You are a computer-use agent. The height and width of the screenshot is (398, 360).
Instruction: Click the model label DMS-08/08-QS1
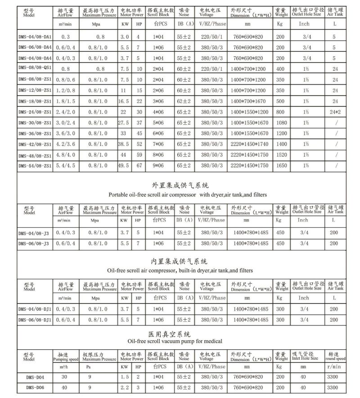(35, 69)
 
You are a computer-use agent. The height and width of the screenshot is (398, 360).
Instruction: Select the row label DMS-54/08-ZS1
(35, 165)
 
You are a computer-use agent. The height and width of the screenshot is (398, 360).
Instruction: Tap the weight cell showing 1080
(282, 122)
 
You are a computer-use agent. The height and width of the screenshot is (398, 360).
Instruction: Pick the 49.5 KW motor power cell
(124, 165)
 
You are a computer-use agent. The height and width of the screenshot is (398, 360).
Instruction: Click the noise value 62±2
(184, 101)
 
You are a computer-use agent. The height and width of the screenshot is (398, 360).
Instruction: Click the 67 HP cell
(139, 165)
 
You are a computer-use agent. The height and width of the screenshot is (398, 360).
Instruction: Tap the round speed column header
(336, 356)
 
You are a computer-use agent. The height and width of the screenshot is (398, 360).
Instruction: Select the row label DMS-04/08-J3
(35, 232)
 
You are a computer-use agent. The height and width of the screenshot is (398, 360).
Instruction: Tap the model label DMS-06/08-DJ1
(35, 320)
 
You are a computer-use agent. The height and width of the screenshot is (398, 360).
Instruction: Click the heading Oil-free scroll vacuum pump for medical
(180, 341)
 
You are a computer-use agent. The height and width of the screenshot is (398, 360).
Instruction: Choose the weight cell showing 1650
(282, 165)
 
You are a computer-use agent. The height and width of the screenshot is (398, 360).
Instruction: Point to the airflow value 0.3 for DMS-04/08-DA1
(65, 36)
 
